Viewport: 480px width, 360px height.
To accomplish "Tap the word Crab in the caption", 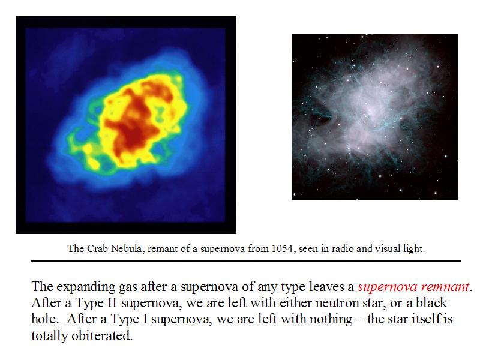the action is pos(97,248).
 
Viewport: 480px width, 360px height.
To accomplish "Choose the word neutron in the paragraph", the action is pos(334,303).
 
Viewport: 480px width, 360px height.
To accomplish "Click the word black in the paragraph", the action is pos(431,303).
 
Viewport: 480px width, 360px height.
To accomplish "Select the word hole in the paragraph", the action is pos(43,319).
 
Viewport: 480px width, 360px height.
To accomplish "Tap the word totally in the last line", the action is pos(50,336).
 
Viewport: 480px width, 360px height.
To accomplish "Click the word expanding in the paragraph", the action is pos(86,287).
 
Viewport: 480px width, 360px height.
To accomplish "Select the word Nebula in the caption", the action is pos(127,248).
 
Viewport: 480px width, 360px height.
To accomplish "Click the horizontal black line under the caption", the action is pos(245,261).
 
